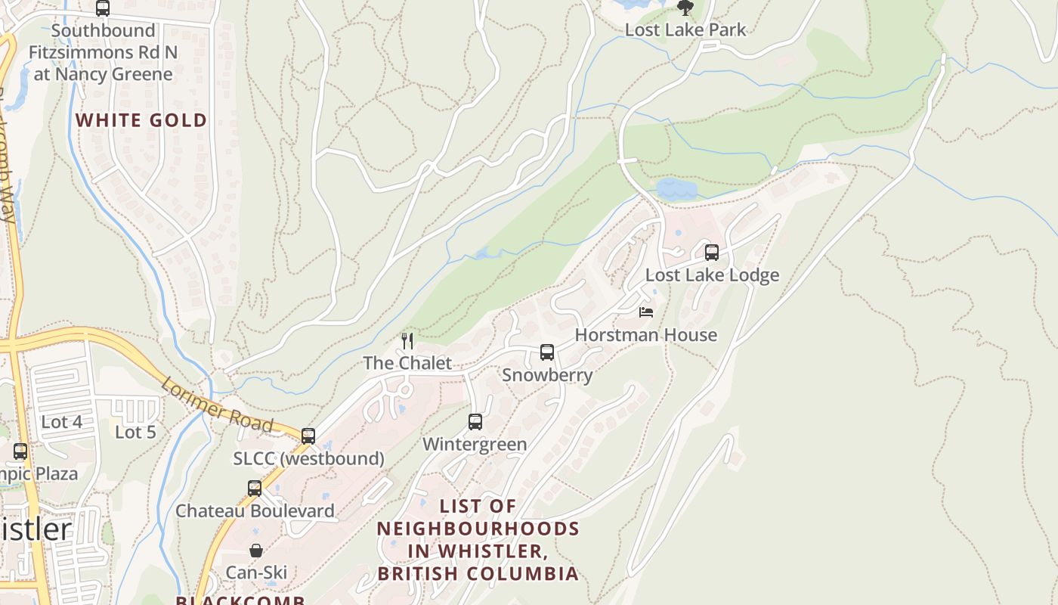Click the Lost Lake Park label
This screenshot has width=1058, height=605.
685,30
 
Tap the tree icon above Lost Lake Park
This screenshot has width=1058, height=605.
685,8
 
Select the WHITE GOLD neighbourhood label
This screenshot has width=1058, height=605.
141,120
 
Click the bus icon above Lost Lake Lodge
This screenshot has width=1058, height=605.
712,253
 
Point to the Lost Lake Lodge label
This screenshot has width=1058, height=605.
712,275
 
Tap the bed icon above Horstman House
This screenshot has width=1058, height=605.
646,312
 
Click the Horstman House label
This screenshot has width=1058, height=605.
646,335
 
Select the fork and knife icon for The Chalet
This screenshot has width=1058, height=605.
407,341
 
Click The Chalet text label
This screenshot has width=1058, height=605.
407,363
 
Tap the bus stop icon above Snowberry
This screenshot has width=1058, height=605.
547,352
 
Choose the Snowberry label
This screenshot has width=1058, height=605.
547,375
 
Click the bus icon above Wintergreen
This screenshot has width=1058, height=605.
475,422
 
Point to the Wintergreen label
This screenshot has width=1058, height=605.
475,444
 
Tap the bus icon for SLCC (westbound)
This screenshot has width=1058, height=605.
308,436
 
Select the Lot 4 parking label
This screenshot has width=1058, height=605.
62,422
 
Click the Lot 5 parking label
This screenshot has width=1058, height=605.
135,433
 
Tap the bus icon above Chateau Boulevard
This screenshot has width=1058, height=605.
255,489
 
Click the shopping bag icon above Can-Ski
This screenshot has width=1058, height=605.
256,551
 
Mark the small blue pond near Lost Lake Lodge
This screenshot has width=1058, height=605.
676,189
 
